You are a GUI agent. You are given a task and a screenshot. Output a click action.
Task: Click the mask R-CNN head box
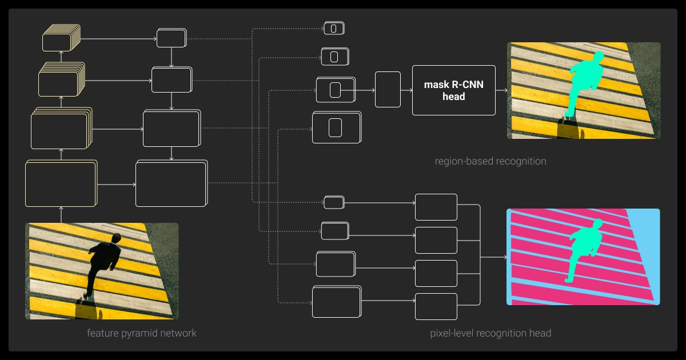pyautogui.click(x=453, y=90)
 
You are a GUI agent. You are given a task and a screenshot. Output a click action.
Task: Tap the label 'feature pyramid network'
pyautogui.click(x=141, y=333)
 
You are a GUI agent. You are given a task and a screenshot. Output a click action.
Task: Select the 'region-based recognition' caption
pyautogui.click(x=490, y=161)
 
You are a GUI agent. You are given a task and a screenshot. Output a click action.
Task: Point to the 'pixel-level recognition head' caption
pyautogui.click(x=490, y=333)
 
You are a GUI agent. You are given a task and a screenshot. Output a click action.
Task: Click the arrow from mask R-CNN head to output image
pyautogui.click(x=501, y=90)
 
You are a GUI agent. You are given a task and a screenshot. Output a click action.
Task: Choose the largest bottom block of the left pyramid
pyautogui.click(x=60, y=183)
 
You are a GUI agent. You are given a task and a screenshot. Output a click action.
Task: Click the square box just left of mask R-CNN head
pyautogui.click(x=388, y=90)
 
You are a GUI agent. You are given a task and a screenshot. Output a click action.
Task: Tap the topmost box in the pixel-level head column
pyautogui.click(x=436, y=207)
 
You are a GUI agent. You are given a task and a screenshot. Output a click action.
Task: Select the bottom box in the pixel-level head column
pyautogui.click(x=436, y=306)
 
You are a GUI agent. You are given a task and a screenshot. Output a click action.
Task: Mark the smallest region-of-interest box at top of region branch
pyautogui.click(x=334, y=27)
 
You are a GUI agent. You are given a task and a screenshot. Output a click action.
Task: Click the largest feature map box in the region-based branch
pyautogui.click(x=337, y=127)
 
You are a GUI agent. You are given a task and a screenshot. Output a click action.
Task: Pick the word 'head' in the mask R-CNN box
pyautogui.click(x=453, y=97)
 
